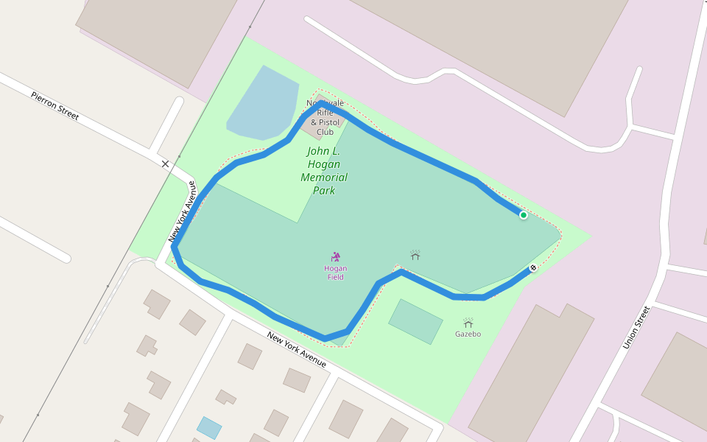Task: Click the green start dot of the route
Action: pyautogui.click(x=524, y=215)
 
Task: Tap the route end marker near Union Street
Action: pyautogui.click(x=532, y=268)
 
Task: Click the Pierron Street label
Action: pyautogui.click(x=54, y=105)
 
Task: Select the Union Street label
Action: pyautogui.click(x=637, y=327)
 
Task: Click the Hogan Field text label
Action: pyautogui.click(x=336, y=273)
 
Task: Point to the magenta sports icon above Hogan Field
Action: pyautogui.click(x=336, y=256)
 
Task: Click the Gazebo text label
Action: pyautogui.click(x=468, y=334)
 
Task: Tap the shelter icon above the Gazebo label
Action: pyautogui.click(x=468, y=323)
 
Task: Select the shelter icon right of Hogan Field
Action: pyautogui.click(x=415, y=255)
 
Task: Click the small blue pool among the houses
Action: pyautogui.click(x=209, y=427)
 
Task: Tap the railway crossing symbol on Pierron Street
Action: pyautogui.click(x=166, y=164)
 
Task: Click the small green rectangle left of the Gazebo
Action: pyautogui.click(x=415, y=321)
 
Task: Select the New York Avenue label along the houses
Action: pyautogui.click(x=297, y=350)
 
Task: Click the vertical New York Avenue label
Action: pyautogui.click(x=182, y=211)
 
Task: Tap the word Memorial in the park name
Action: pyautogui.click(x=324, y=178)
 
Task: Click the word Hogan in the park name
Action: pyautogui.click(x=324, y=164)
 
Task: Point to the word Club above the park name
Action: pyautogui.click(x=325, y=133)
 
